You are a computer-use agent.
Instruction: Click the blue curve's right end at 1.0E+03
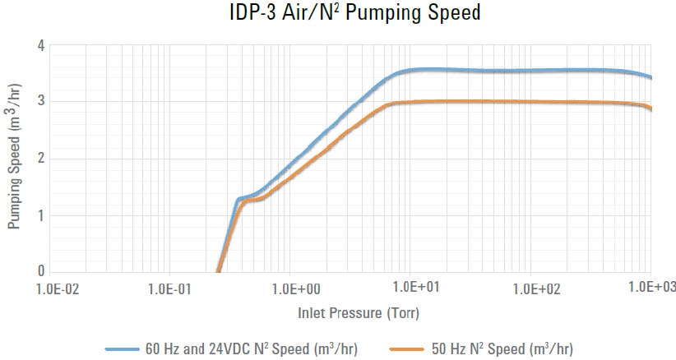click(651, 78)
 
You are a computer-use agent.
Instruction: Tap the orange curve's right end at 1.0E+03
click(651, 108)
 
